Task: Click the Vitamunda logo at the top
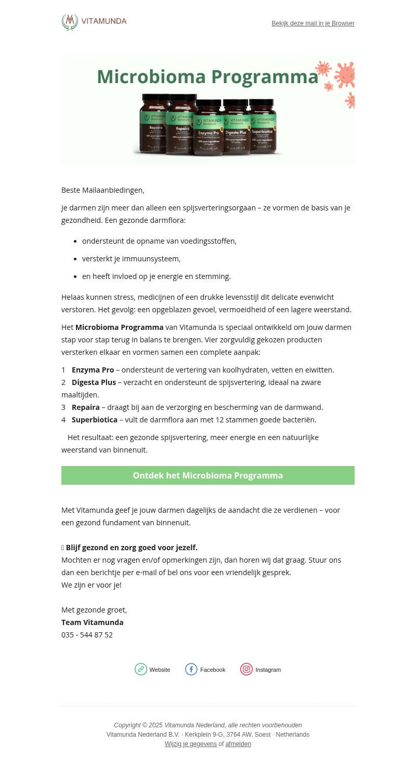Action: (x=94, y=22)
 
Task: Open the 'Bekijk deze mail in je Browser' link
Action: (x=313, y=23)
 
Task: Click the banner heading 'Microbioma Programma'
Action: (x=207, y=77)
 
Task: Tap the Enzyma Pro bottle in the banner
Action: (x=209, y=128)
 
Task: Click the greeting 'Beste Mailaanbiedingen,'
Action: (x=103, y=190)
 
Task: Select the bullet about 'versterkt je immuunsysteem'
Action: (x=131, y=259)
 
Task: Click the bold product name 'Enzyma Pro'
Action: (x=93, y=370)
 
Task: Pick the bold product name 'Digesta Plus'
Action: (x=94, y=382)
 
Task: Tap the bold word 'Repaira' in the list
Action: (x=85, y=407)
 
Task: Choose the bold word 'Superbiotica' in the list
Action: (x=95, y=420)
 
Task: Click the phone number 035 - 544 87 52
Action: (x=87, y=635)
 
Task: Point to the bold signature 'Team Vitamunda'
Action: (x=92, y=622)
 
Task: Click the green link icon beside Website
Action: (x=141, y=669)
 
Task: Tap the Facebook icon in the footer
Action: (x=191, y=669)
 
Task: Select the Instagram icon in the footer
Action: (x=246, y=669)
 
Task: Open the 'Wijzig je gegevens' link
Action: (x=191, y=744)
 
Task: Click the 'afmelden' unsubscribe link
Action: (x=238, y=744)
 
